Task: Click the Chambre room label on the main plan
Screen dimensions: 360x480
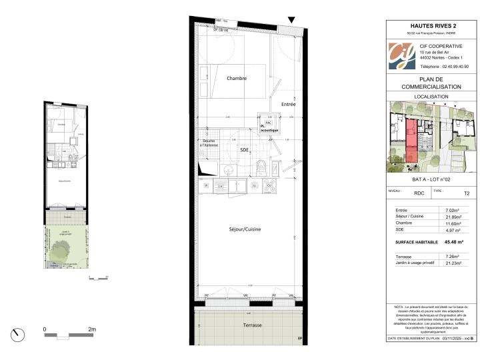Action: point(237,78)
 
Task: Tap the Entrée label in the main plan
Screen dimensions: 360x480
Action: point(288,105)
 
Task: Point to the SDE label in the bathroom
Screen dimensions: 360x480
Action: point(245,151)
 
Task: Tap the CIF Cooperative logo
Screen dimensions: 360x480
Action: point(401,56)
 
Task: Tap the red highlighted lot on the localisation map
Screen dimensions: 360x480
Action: point(411,142)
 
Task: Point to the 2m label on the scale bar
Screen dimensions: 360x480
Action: point(92,329)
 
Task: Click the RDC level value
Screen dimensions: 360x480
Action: point(419,193)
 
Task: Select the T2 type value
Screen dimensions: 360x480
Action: point(466,193)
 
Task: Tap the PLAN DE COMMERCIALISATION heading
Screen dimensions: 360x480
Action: point(431,83)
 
